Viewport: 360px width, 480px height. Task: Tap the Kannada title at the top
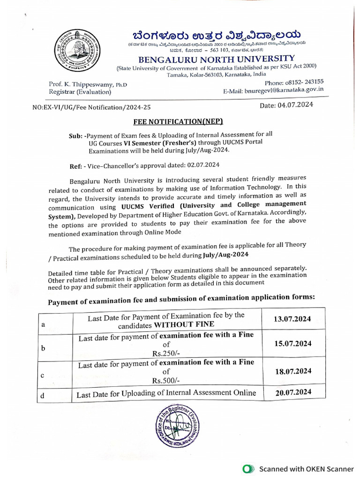216,35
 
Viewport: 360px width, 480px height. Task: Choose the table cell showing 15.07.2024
292,344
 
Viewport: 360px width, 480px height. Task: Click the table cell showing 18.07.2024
292,371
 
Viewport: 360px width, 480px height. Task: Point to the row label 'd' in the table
43,396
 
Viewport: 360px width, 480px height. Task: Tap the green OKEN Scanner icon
249,469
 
